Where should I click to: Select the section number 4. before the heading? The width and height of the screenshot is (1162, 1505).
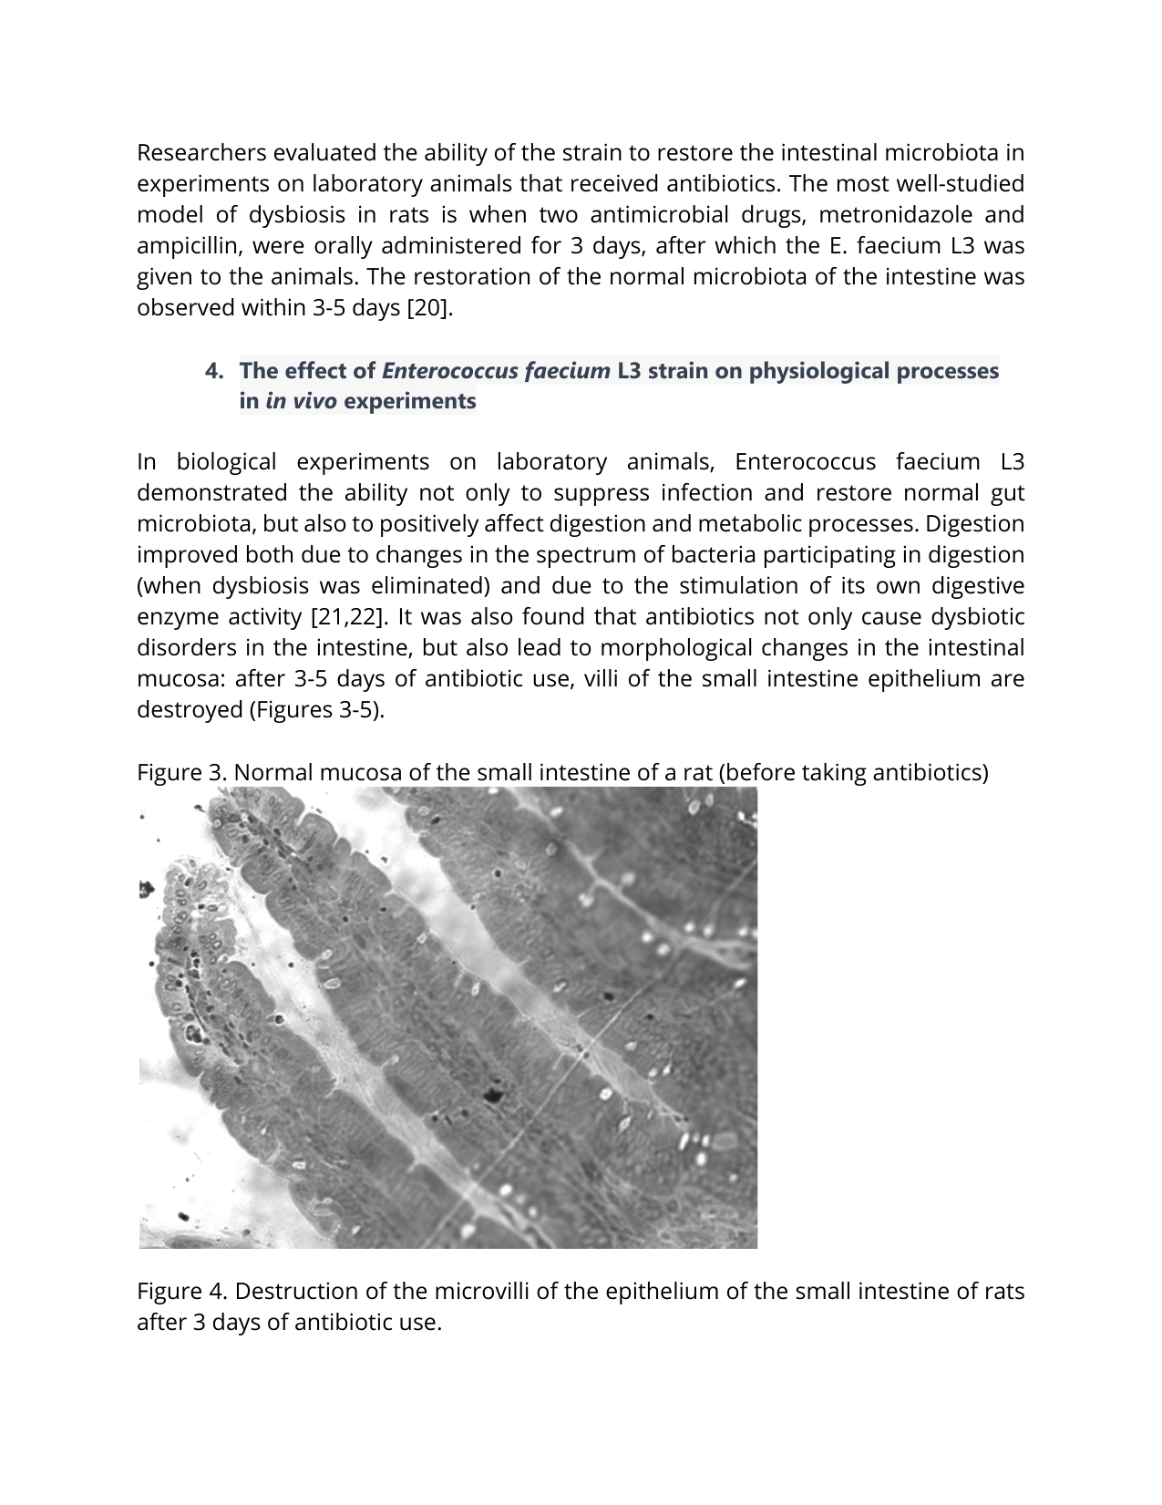point(214,371)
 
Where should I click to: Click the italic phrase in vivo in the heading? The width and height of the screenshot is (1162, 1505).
point(301,401)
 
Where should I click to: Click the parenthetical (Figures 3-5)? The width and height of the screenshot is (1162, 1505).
point(316,709)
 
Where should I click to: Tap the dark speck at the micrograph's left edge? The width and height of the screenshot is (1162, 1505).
point(145,889)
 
